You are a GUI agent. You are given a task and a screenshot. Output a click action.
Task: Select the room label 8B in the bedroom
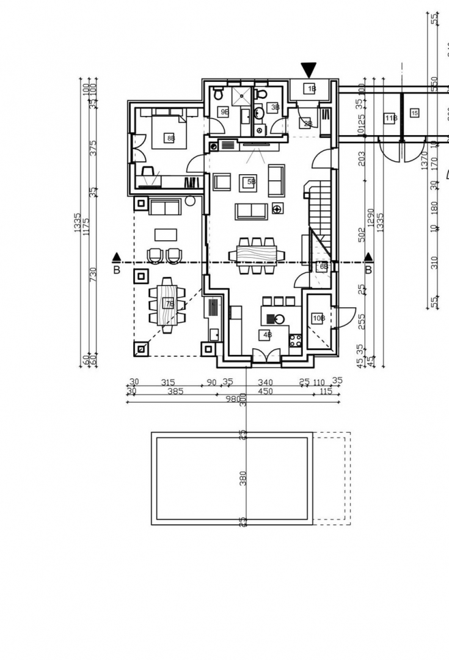click(x=170, y=139)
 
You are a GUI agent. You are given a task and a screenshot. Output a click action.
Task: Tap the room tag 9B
click(x=224, y=112)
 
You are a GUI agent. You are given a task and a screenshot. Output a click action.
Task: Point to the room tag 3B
click(x=275, y=108)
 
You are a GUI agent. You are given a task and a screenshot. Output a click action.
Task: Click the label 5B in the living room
click(x=250, y=182)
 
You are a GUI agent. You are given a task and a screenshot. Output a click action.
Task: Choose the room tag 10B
click(x=318, y=318)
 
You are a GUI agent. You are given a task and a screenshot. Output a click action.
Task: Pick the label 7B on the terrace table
click(x=169, y=304)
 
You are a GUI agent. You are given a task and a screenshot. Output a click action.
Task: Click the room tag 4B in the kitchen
click(x=266, y=334)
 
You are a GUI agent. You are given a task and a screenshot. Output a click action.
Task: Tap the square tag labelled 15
click(x=414, y=112)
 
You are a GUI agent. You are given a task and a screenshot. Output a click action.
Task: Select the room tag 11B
click(x=391, y=118)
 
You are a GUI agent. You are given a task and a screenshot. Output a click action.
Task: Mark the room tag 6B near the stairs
click(x=324, y=266)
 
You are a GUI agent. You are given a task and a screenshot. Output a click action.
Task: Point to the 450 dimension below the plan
click(x=265, y=391)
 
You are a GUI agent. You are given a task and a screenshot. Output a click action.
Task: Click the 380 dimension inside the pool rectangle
click(x=243, y=478)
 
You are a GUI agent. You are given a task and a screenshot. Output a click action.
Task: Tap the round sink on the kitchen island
click(x=279, y=318)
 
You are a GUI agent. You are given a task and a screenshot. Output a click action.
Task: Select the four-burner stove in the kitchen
click(x=296, y=340)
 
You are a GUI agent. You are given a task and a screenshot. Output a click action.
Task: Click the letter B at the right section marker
click(x=368, y=269)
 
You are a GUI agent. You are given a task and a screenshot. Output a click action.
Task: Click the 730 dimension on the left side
click(x=93, y=274)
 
